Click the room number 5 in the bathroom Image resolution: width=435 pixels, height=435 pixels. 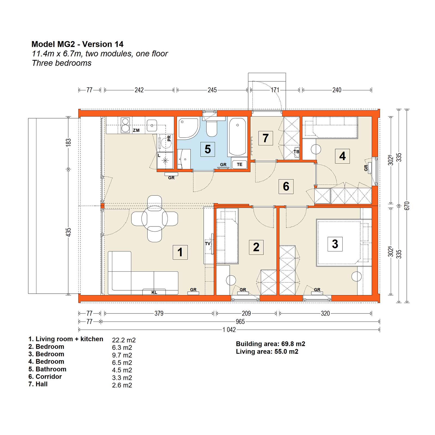point(208,149)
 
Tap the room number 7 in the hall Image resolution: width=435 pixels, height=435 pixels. point(266,138)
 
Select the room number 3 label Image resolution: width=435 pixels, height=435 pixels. point(335,244)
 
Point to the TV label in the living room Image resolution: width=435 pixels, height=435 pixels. point(208,244)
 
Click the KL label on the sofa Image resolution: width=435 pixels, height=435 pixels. point(154,293)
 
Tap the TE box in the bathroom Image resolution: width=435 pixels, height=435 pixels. point(240,164)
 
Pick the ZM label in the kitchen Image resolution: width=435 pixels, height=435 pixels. point(136,130)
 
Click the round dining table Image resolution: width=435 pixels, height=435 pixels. point(154,219)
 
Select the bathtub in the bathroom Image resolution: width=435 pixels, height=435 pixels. point(238,137)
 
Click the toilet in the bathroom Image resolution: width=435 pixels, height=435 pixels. point(212,127)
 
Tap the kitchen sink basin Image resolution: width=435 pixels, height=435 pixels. point(152,126)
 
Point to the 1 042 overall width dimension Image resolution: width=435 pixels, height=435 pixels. point(229,330)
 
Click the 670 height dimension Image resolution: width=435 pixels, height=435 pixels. point(407,206)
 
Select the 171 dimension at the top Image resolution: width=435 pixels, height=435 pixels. point(275,90)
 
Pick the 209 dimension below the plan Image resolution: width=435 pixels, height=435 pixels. point(246,313)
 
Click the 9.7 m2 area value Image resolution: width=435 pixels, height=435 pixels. point(122,355)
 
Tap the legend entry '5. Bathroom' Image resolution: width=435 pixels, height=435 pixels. point(48,369)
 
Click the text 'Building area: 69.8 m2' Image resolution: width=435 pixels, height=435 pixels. point(271,344)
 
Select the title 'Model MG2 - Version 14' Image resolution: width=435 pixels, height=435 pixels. point(77,44)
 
